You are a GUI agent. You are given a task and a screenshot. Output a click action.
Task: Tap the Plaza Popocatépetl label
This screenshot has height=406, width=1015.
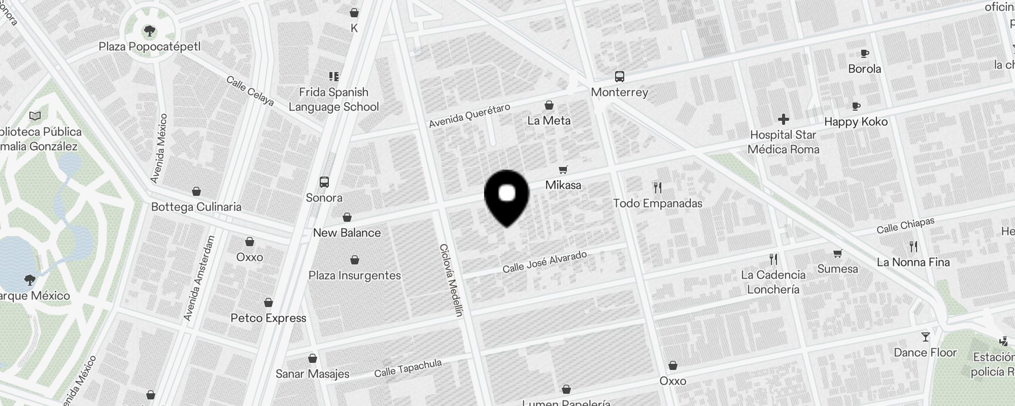tap(150, 47)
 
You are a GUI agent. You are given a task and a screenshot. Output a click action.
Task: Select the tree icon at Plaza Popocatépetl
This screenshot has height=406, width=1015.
tap(150, 31)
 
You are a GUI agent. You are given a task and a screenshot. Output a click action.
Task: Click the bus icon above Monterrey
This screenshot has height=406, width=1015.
tap(619, 77)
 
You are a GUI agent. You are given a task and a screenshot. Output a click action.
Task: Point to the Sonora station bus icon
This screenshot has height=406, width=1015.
tap(324, 182)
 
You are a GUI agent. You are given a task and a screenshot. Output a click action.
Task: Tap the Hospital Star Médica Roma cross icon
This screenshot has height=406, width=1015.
tap(783, 120)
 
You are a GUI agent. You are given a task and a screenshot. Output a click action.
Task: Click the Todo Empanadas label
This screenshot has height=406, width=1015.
tap(658, 204)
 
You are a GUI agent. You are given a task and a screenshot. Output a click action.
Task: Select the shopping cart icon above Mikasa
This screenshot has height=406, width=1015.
tap(563, 170)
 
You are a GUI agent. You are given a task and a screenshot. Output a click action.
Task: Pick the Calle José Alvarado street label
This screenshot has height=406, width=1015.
tap(545, 262)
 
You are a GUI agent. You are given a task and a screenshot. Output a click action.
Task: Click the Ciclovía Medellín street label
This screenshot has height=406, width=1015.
tap(452, 280)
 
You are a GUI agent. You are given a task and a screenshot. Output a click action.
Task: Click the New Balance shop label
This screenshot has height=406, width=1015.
tap(347, 233)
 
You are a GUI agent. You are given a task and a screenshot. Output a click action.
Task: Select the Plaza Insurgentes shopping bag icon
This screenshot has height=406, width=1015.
tap(355, 260)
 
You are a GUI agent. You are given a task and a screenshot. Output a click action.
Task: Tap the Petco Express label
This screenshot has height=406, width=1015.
tap(268, 318)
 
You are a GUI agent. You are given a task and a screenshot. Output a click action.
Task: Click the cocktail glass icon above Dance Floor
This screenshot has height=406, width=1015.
tap(925, 337)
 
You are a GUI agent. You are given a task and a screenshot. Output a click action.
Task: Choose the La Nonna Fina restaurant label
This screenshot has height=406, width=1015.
tap(913, 262)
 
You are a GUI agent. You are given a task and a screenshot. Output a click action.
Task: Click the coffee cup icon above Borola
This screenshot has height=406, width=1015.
tap(865, 54)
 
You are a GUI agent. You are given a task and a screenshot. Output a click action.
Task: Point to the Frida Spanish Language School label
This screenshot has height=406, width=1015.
tap(333, 99)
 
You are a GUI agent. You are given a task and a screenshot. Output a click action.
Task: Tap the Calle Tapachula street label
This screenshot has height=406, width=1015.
tap(408, 368)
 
